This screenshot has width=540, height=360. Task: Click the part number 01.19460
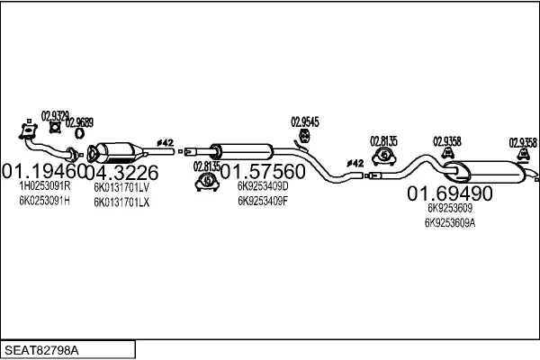43,170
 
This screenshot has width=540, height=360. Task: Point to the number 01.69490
449,193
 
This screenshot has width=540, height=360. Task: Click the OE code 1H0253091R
44,185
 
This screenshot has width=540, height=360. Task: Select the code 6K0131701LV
121,188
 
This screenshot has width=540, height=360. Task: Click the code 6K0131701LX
121,202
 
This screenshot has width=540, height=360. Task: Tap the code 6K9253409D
263,186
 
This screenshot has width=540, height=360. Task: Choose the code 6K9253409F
263,201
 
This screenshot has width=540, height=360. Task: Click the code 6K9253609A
450,222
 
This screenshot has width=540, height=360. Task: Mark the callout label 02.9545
305,121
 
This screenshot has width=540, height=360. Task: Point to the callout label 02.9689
79,121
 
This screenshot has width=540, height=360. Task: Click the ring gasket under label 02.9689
79,134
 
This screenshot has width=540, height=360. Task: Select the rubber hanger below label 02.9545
304,137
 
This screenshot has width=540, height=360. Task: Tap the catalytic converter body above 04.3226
122,149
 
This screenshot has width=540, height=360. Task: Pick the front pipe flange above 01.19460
24,133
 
